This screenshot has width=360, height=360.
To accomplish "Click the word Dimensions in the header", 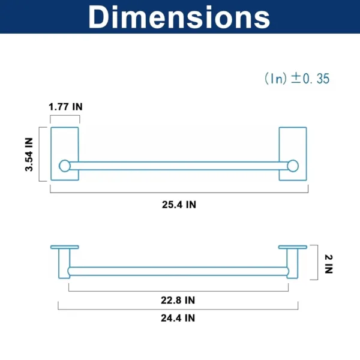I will click(x=179, y=17).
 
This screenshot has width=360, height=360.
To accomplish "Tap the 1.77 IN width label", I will click(x=65, y=106).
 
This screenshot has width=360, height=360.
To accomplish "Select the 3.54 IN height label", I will click(x=28, y=154).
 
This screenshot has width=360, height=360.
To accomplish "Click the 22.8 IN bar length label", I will click(x=178, y=299).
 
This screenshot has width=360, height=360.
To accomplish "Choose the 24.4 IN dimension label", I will click(x=178, y=317).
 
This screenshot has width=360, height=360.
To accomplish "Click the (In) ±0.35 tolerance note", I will click(x=297, y=79).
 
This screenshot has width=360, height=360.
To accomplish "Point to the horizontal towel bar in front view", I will click(x=178, y=166).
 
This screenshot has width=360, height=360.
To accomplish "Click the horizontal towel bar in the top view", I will click(x=178, y=271).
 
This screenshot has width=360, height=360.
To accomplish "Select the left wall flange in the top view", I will click(x=65, y=247).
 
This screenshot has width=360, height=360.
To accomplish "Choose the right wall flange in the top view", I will click(x=293, y=247).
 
